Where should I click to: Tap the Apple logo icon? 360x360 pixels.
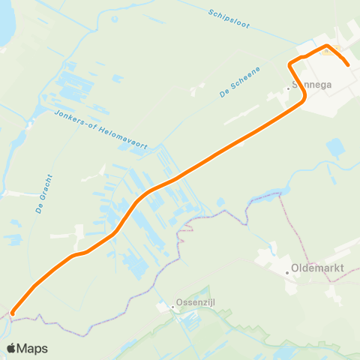pos(11,348)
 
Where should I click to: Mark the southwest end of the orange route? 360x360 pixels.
pos(13,313)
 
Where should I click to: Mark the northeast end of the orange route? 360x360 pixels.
pos(349,66)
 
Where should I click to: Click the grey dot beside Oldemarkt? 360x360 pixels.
pos(287,273)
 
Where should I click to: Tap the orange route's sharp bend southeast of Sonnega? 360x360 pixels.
pos(303,100)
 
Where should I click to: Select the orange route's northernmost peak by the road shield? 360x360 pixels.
pos(326,46)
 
